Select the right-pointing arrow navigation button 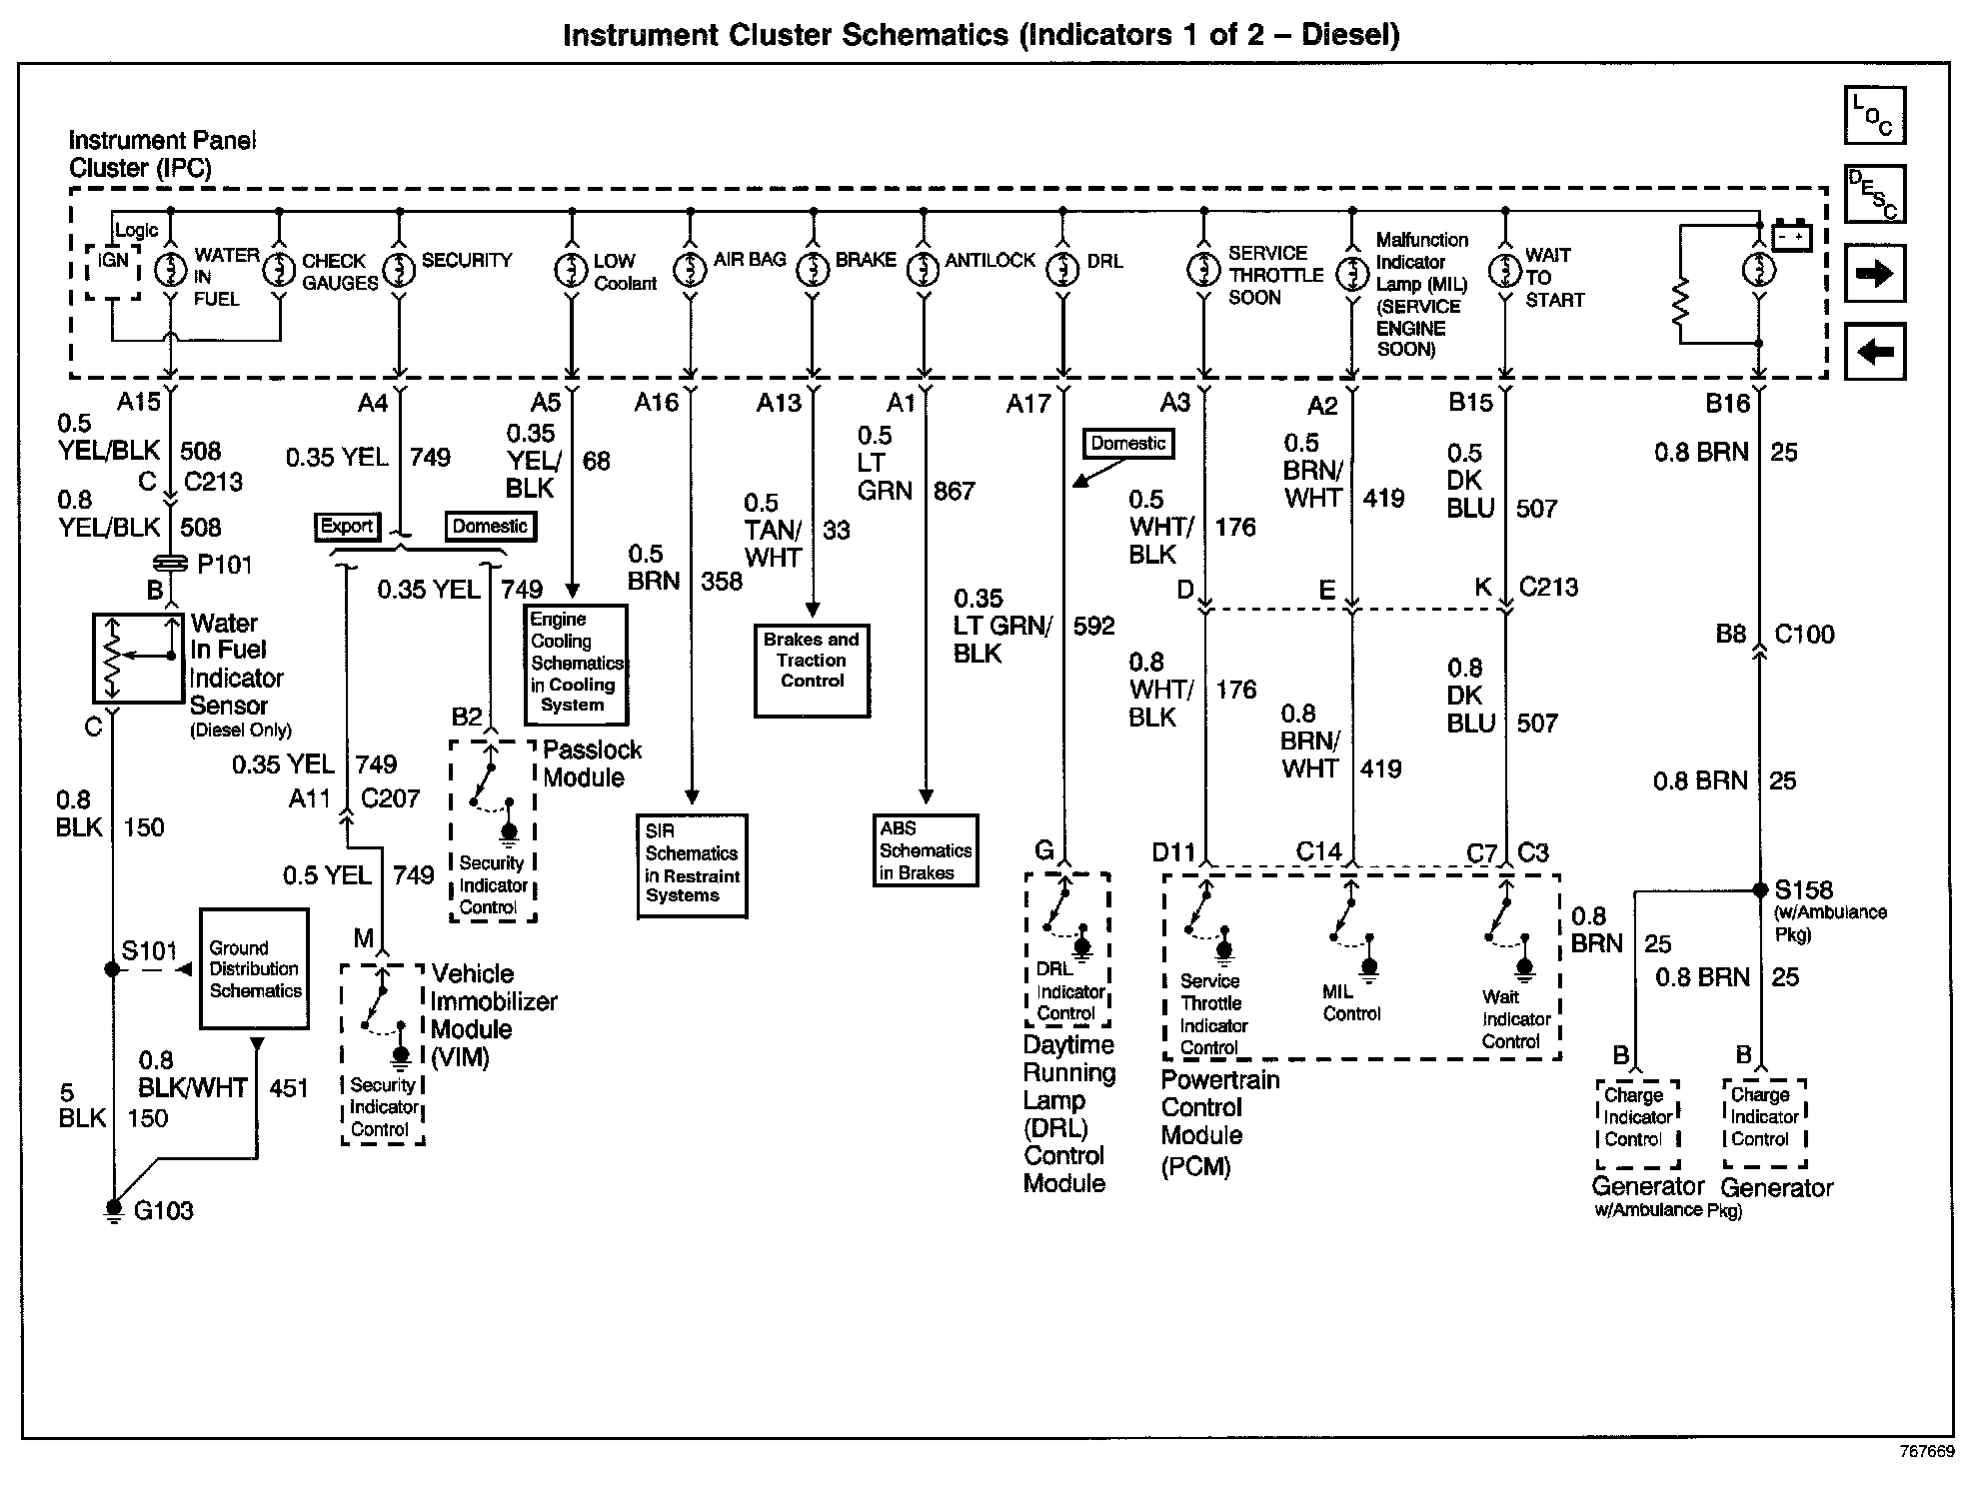tap(1874, 273)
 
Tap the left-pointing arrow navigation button tap(1874, 351)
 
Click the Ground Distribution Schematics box tap(254, 968)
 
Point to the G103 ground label tap(163, 1211)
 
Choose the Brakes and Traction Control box tap(812, 671)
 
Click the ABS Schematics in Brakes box tap(925, 850)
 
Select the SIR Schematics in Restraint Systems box tap(692, 865)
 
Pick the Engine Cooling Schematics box tap(576, 664)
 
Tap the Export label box tap(346, 527)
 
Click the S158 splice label tap(1802, 889)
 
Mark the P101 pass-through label tap(224, 565)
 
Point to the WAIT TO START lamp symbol tap(1504, 271)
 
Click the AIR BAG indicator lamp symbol tap(690, 270)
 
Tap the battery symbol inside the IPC tap(1791, 238)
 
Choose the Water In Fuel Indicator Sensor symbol tap(138, 659)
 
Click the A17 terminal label tap(1028, 403)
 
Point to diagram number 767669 tap(1926, 1452)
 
